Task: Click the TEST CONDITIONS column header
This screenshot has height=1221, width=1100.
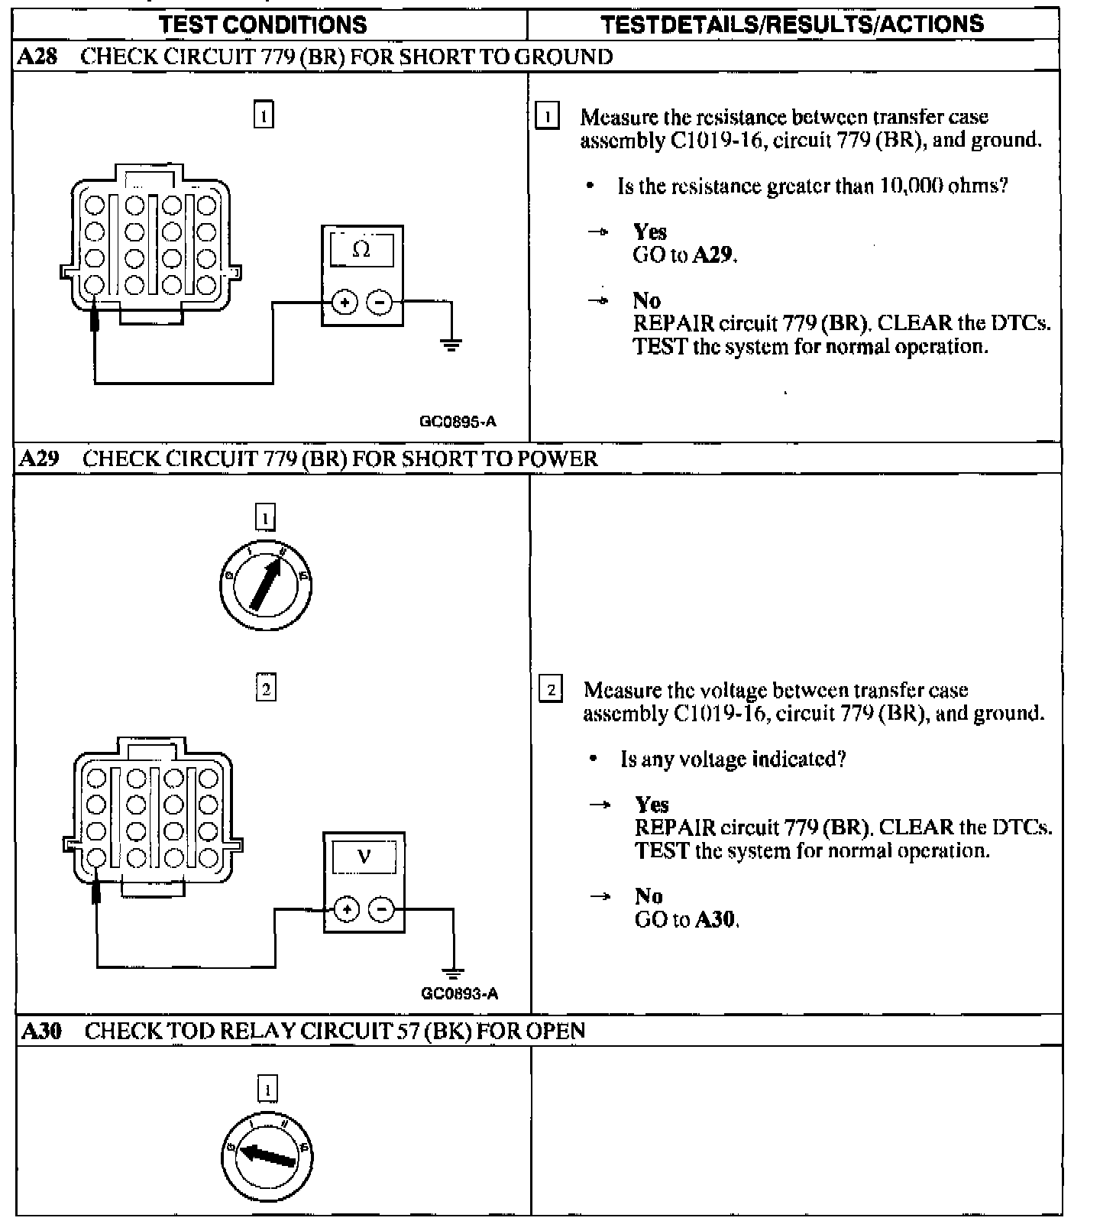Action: click(263, 24)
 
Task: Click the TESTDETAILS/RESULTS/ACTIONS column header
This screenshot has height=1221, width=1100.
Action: click(792, 24)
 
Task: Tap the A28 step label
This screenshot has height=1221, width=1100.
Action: click(37, 57)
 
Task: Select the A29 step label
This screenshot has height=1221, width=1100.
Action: click(38, 458)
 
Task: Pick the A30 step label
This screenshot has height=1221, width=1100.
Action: click(40, 1031)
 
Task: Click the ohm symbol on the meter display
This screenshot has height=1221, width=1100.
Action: click(361, 250)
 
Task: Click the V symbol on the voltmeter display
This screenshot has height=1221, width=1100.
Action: click(364, 857)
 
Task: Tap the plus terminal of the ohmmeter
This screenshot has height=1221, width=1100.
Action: click(345, 303)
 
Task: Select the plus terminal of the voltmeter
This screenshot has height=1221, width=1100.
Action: click(347, 909)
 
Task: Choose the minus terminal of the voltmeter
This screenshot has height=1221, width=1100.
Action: click(381, 909)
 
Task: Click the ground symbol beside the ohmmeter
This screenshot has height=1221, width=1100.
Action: click(451, 345)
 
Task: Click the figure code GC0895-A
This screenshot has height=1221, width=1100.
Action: click(458, 421)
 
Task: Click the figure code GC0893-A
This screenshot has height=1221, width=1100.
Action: click(459, 993)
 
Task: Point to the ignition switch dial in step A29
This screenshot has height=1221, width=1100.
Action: click(265, 585)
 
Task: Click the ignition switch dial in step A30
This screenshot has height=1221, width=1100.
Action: click(267, 1154)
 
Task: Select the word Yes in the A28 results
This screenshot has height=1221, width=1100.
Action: click(650, 232)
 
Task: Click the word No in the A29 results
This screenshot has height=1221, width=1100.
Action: click(649, 896)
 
